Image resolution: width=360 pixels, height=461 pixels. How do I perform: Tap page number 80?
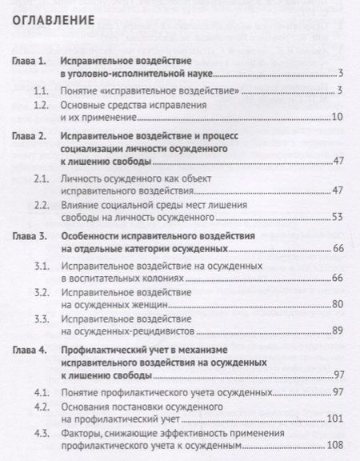337,306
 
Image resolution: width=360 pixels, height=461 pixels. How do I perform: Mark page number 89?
337,331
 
